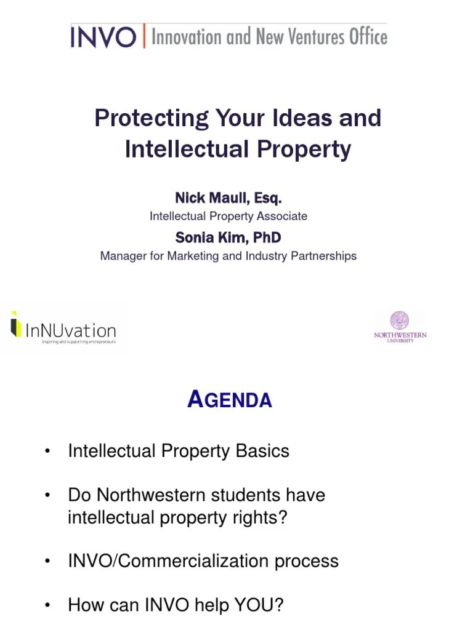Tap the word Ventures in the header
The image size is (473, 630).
[309, 37]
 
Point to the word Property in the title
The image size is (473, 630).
[310, 149]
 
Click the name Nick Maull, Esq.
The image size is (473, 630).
[228, 198]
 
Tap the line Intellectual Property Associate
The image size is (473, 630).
[228, 217]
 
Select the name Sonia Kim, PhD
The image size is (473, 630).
[228, 237]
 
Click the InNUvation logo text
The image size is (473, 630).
[71, 330]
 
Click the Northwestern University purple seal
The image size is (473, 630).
[400, 321]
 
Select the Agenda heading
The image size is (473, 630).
[230, 401]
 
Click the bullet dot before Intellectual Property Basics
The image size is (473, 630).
[47, 452]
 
